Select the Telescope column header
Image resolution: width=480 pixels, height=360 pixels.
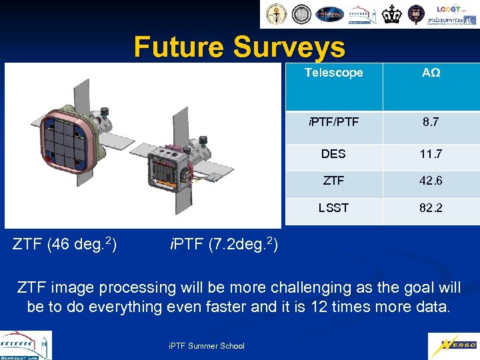click(333, 73)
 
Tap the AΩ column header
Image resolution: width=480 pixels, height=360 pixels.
click(431, 73)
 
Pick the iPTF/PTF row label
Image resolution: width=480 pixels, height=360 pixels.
click(333, 123)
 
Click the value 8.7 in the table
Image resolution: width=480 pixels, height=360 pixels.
click(431, 123)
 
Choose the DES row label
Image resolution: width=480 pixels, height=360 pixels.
click(333, 154)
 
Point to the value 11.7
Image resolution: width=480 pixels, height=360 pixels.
click(431, 154)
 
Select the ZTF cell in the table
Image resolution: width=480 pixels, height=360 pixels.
click(333, 181)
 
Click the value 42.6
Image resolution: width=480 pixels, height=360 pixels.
click(431, 181)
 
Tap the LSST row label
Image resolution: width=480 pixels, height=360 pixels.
click(333, 208)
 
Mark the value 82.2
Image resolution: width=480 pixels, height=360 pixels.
click(431, 208)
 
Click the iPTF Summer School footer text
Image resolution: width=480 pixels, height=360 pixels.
click(206, 345)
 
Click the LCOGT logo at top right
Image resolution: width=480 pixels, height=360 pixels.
click(451, 10)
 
